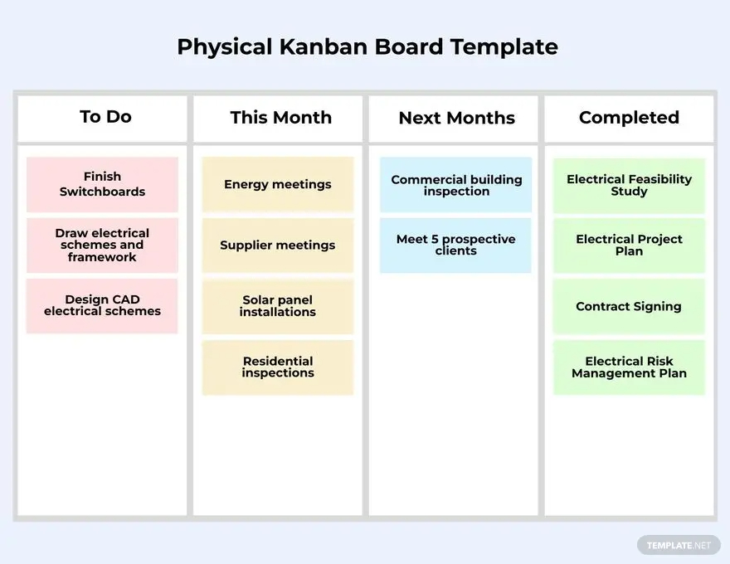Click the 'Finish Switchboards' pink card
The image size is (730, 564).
[x=102, y=184]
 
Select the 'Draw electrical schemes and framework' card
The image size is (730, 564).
[x=102, y=246]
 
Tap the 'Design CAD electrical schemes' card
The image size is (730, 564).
[x=102, y=306]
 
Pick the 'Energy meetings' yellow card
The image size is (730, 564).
[x=278, y=184]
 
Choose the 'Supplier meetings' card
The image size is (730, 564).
[x=278, y=246]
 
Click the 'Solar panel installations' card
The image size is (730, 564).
[x=278, y=306]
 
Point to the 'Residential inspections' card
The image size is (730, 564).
[x=278, y=367]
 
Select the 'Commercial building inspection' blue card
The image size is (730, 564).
[x=456, y=185]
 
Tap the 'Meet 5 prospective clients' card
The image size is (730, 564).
[x=456, y=246]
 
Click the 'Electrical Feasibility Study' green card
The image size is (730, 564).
[x=629, y=185]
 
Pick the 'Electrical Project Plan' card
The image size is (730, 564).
[x=629, y=246]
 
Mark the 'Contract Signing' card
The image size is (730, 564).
[x=629, y=306]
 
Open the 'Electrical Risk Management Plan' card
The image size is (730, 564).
[x=629, y=367]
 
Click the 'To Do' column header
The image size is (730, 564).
[x=105, y=117]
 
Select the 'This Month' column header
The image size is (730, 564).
[x=280, y=118]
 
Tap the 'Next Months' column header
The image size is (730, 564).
[x=456, y=118]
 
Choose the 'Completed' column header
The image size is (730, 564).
[x=629, y=118]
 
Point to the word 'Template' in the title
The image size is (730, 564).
[x=504, y=46]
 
